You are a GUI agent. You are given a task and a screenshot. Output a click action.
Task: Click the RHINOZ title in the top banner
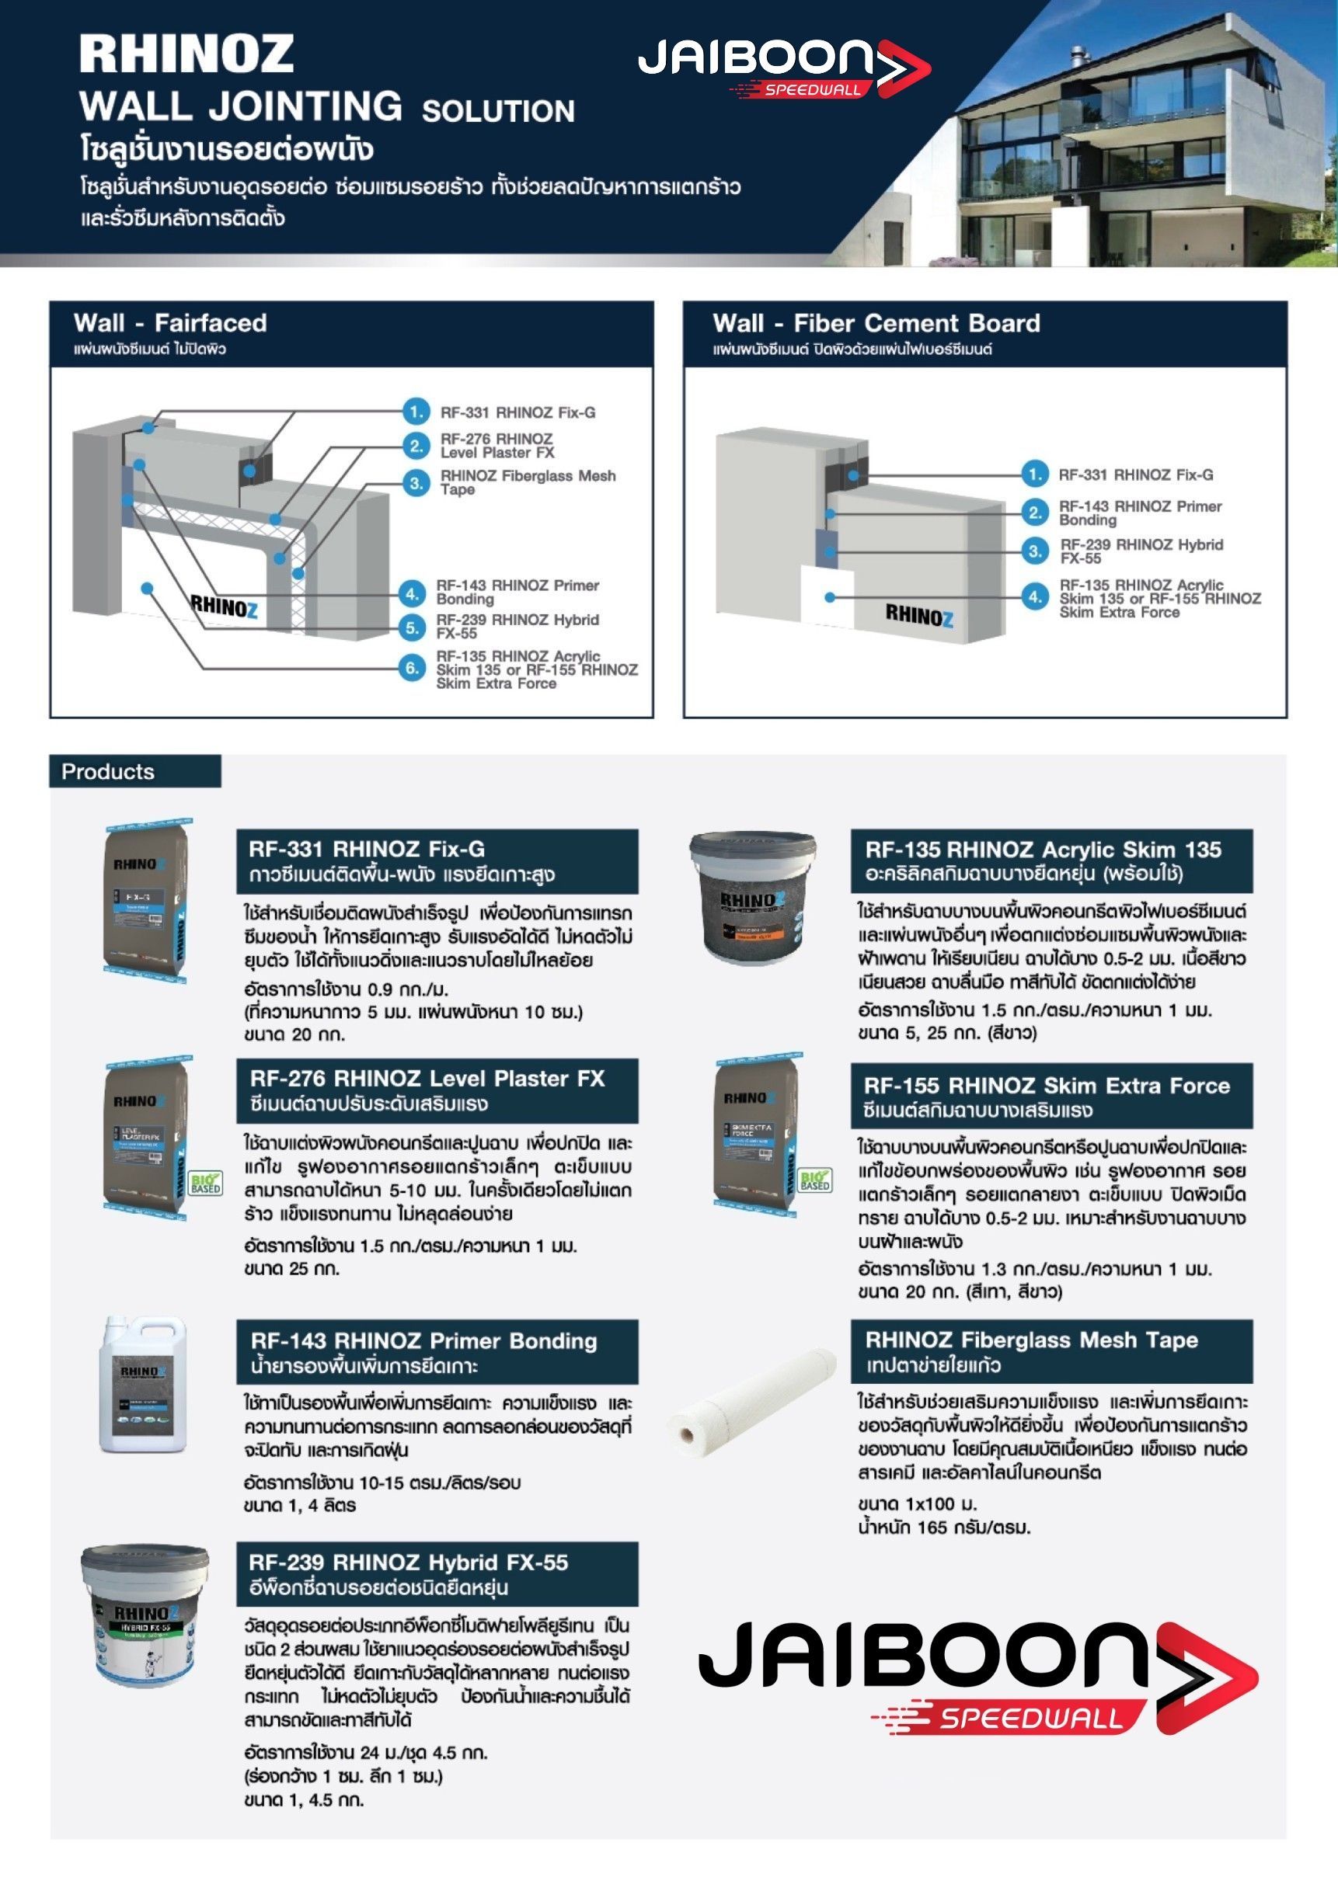click(186, 54)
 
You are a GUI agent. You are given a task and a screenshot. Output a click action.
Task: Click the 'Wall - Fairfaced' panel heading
click(169, 323)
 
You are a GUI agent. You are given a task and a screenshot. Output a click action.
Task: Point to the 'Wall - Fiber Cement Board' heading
click(876, 323)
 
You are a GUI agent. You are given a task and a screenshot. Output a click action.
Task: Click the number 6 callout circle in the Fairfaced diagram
click(413, 668)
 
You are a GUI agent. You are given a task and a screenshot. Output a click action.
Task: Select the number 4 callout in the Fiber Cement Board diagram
click(1035, 597)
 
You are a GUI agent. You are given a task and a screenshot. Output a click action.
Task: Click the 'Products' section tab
click(108, 772)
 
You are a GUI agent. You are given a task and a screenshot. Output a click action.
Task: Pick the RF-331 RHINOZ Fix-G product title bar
click(437, 860)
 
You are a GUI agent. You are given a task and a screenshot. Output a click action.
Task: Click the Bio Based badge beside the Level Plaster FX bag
click(205, 1184)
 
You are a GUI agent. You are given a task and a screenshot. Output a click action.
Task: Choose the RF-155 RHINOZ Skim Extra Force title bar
click(1051, 1097)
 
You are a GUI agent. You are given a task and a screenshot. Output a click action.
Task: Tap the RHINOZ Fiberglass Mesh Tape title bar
click(1051, 1351)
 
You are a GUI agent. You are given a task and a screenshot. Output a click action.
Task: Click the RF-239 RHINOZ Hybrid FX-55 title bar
click(437, 1573)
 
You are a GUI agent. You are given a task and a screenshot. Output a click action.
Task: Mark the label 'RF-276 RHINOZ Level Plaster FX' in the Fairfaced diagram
click(497, 446)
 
